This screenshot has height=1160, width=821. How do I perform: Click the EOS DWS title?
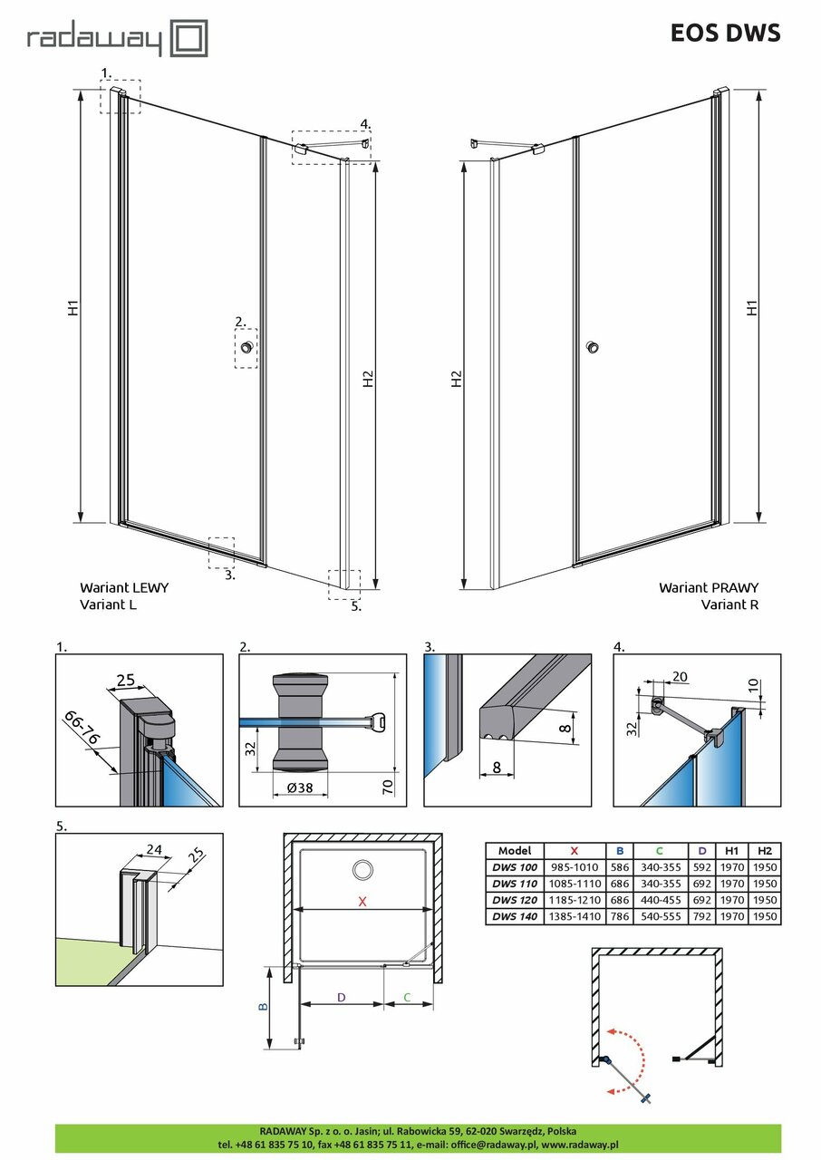click(725, 34)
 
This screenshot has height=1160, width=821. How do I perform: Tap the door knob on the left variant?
click(246, 346)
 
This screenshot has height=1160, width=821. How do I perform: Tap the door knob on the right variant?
click(592, 346)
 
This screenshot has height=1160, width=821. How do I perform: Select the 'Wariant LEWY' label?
click(123, 587)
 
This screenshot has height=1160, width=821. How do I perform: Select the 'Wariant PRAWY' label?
click(709, 587)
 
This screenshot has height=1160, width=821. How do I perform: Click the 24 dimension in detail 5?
click(153, 850)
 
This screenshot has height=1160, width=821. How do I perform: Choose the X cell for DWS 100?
click(575, 867)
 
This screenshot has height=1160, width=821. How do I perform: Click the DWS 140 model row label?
click(514, 916)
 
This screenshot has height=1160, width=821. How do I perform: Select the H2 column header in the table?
click(766, 851)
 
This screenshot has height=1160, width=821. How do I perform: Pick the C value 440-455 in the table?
click(659, 900)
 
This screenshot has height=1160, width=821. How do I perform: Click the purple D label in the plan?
click(341, 997)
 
